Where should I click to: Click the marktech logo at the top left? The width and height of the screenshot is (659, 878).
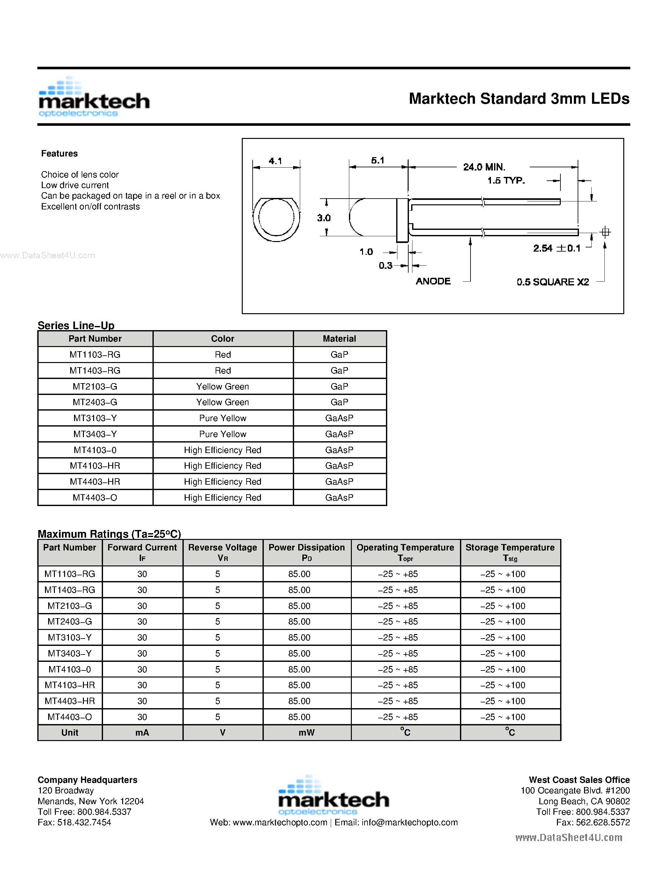[x=94, y=98]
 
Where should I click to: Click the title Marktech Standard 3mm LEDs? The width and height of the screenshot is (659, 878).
[x=519, y=99]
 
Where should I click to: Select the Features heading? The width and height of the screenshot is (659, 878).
[x=59, y=154]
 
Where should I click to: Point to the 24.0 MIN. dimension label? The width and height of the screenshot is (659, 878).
[x=484, y=167]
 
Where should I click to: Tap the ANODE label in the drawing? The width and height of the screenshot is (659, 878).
[x=433, y=281]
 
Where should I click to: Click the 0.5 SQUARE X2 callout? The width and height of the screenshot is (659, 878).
[x=552, y=282]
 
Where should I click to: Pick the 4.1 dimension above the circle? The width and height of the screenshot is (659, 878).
[x=275, y=161]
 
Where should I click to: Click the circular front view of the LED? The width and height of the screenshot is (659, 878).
[x=276, y=218]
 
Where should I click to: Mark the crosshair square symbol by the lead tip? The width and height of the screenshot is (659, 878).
[x=605, y=232]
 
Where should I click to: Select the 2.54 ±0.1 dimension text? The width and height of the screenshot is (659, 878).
[x=556, y=248]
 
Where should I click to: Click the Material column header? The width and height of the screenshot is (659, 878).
[x=339, y=338]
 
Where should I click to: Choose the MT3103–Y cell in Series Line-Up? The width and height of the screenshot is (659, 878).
[x=95, y=418]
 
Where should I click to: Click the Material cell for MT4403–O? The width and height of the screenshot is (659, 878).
[x=339, y=497]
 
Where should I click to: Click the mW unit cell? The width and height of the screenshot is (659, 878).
[x=307, y=732]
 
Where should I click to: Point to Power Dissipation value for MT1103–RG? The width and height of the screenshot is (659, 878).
[x=300, y=574]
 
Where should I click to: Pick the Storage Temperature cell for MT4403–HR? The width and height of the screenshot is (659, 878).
[x=503, y=701]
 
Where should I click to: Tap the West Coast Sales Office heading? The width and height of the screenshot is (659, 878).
[x=579, y=780]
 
